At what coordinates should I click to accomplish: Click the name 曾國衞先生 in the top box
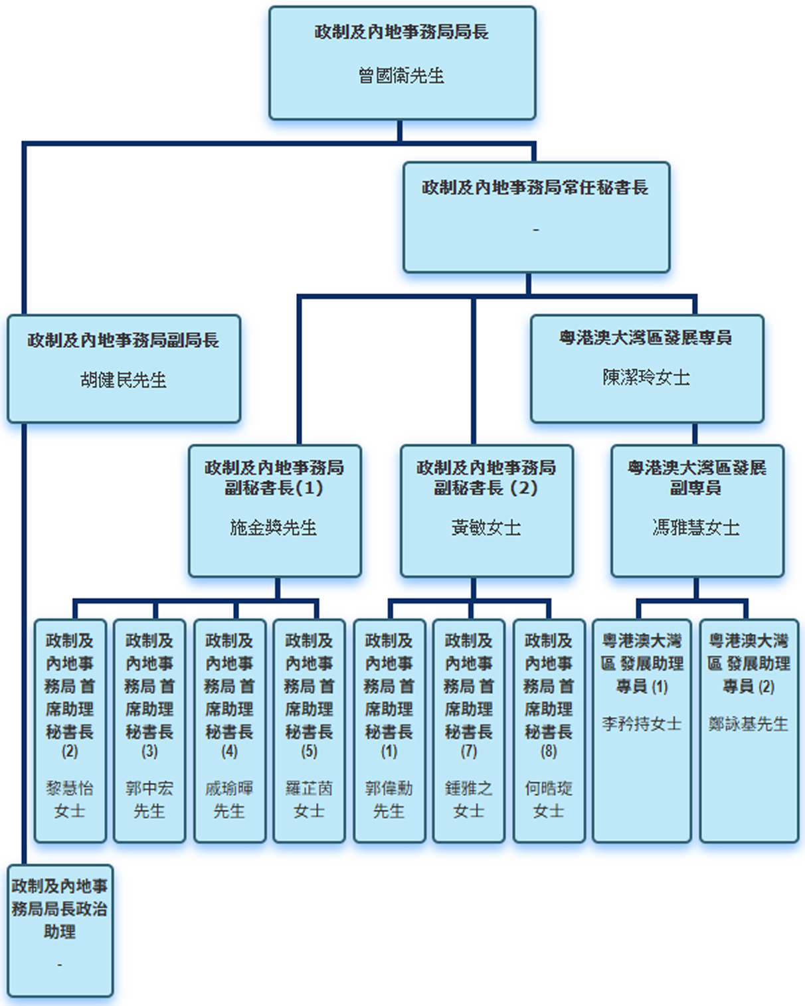(401, 76)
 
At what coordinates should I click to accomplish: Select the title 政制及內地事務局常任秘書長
(535, 188)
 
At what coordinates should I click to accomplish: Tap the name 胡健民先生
(123, 380)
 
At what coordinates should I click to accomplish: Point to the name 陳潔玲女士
(646, 377)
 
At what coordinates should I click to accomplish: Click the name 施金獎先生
(274, 527)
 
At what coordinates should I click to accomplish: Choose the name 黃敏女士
(486, 527)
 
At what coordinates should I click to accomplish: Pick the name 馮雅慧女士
(696, 527)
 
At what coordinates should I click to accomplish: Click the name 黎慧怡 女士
(70, 799)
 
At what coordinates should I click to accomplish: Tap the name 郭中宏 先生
(149, 799)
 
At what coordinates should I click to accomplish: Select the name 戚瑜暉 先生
(229, 799)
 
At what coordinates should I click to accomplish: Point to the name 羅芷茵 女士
(309, 799)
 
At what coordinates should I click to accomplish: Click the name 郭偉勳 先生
(389, 799)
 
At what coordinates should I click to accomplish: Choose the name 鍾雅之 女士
(469, 799)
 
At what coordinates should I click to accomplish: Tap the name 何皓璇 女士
(549, 799)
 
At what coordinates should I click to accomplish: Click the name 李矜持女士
(642, 723)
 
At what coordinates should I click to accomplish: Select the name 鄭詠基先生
(749, 723)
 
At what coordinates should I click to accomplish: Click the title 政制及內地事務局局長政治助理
(60, 908)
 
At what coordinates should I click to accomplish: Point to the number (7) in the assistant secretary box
(469, 751)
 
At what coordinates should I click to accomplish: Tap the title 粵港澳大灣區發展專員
(646, 337)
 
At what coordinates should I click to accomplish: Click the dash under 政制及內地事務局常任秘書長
(536, 230)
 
